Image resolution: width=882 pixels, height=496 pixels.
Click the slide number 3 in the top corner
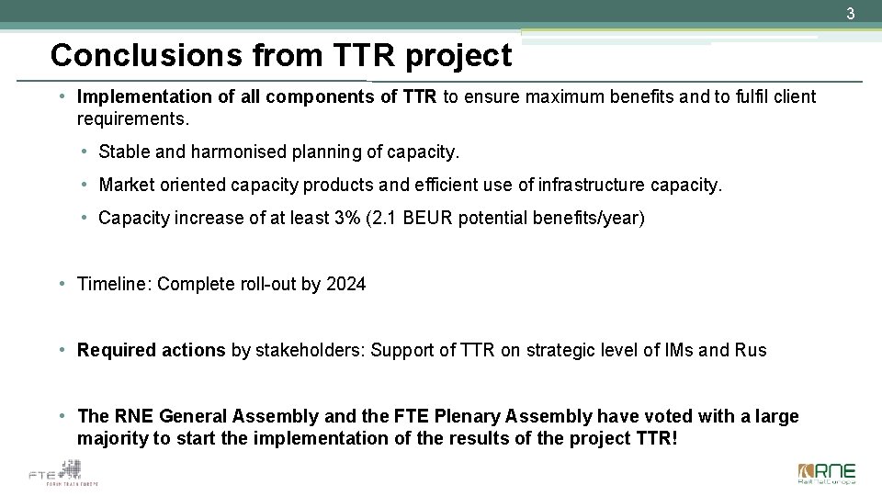pyautogui.click(x=851, y=14)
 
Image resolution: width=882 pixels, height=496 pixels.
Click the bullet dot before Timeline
pyautogui.click(x=60, y=284)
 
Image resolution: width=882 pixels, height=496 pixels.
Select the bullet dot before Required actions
pyautogui.click(x=60, y=350)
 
